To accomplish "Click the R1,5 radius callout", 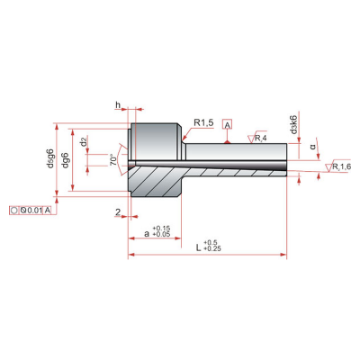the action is point(203,122).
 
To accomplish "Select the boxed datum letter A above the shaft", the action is point(228,124).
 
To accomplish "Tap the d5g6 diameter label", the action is point(50,158).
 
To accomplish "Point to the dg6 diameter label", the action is point(66,160).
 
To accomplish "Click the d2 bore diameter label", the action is point(85,141).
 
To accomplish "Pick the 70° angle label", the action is point(113,160).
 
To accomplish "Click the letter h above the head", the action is point(118,104).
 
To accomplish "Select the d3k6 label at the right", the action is point(294,124).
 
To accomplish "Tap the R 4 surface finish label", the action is point(261,139).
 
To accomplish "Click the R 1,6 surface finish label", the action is point(342,166).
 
